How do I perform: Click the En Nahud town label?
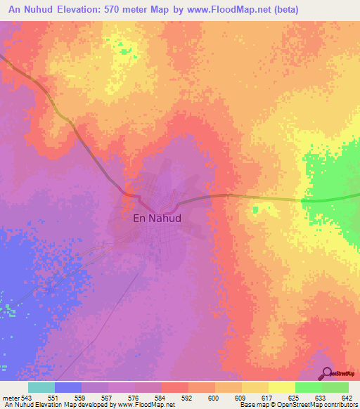click(x=157, y=218)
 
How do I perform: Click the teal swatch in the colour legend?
click(x=41, y=387)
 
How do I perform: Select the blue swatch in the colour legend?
click(x=68, y=387)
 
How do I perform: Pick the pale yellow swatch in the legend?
click(x=282, y=387)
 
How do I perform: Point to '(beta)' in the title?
click(x=287, y=10)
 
